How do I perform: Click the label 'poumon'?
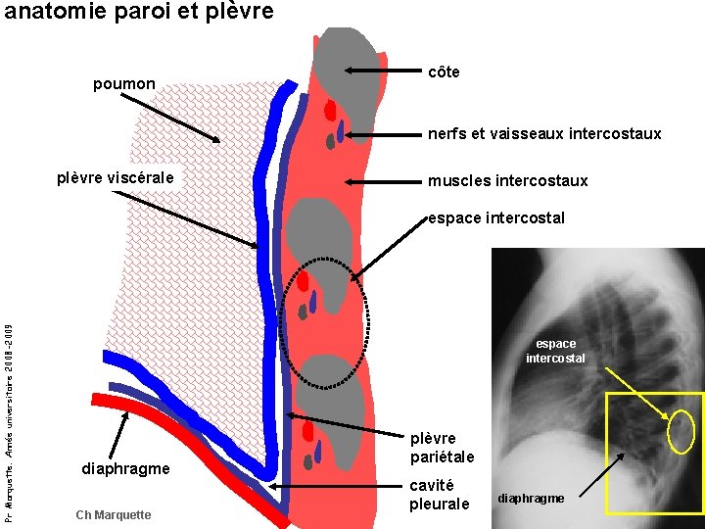point(123,84)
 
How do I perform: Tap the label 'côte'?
point(445,73)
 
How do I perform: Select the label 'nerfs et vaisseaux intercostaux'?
point(544,133)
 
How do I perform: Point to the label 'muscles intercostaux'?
point(507,180)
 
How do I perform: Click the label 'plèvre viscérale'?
point(116,177)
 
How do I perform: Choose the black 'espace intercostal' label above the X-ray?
point(496,217)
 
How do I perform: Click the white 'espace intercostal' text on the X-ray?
point(556,351)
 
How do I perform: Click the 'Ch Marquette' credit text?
point(113,515)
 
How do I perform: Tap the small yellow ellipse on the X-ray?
point(681,431)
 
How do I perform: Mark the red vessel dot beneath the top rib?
point(331,108)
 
